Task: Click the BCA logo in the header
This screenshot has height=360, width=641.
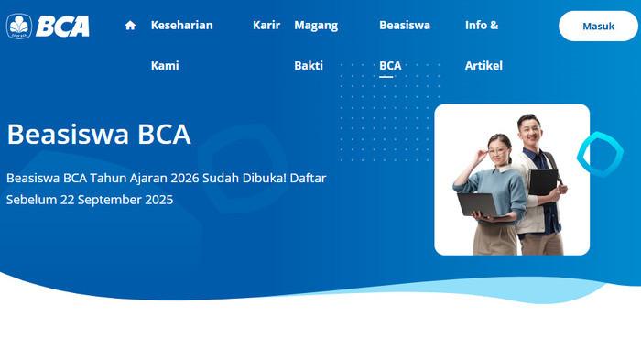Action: (x=48, y=26)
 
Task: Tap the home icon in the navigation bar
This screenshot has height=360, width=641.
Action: (x=130, y=26)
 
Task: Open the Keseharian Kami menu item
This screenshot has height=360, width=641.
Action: (x=181, y=26)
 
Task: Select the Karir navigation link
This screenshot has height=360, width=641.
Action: (x=266, y=26)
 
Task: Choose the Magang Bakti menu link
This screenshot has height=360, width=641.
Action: (x=316, y=26)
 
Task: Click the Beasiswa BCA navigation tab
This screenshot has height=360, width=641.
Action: (x=404, y=26)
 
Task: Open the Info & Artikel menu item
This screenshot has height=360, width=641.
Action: (x=482, y=26)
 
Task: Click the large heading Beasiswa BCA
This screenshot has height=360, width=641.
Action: (x=99, y=134)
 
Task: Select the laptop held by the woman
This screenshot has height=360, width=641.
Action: (x=478, y=203)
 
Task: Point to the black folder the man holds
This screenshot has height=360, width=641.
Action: (x=543, y=182)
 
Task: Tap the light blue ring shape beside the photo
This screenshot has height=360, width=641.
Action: (x=599, y=153)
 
